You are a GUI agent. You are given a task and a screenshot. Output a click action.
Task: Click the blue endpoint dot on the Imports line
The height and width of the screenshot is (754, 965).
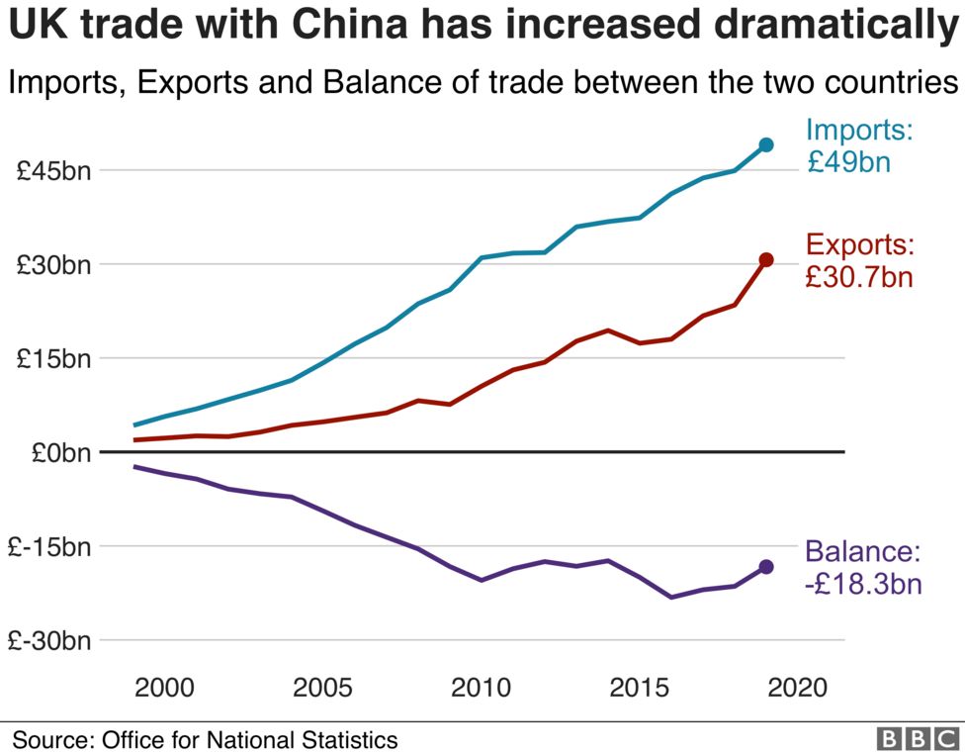(x=766, y=145)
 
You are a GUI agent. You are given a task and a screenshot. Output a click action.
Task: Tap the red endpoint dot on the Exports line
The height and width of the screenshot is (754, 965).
(x=766, y=260)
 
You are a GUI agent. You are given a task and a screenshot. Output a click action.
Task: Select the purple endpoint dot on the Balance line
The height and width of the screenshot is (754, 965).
(x=766, y=567)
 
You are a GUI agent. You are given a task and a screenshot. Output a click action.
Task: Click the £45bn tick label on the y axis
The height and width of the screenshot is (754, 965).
(x=54, y=171)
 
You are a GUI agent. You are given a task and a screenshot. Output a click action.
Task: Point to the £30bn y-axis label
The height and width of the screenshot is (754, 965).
(x=54, y=265)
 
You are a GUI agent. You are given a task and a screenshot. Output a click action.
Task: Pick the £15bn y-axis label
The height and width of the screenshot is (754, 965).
(x=54, y=359)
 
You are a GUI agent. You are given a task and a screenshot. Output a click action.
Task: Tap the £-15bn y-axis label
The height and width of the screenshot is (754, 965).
(x=49, y=547)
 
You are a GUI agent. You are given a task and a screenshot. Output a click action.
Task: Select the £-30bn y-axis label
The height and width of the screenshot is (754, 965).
(x=49, y=641)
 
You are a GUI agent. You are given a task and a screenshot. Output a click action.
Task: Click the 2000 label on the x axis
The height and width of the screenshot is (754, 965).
(x=163, y=688)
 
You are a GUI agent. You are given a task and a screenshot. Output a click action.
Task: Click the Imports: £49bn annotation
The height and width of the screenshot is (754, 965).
(x=858, y=145)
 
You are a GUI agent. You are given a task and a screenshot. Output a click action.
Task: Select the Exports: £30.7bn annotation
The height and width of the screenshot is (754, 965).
(x=858, y=260)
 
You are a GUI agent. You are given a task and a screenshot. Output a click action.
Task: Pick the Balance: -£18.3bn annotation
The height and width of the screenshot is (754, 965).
(x=862, y=567)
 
